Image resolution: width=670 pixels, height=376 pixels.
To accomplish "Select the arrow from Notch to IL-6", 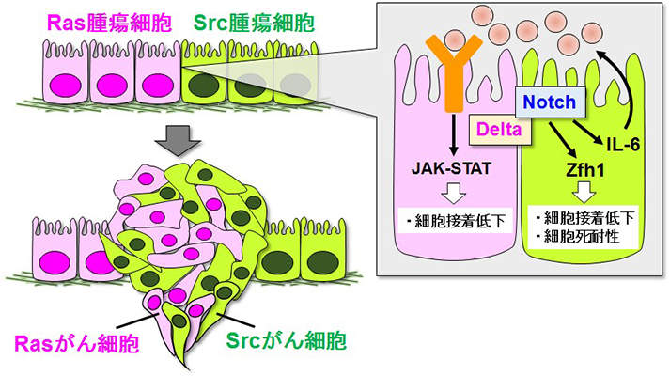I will coord(589,126).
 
